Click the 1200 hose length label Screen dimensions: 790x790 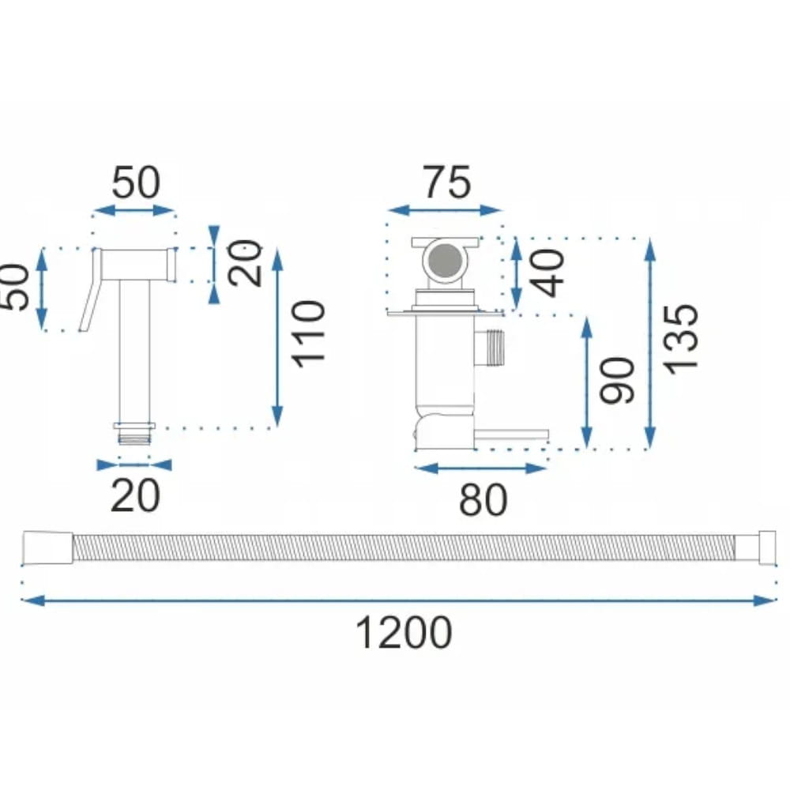pos(404,634)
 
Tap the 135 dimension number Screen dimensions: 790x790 pos(681,339)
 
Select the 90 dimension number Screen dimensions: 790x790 pos(618,381)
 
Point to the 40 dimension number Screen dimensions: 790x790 pos(547,273)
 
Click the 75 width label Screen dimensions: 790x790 pos(447,182)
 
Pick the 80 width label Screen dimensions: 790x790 pos(483,500)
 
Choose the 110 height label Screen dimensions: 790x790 pos(308,334)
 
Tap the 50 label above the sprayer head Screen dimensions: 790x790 pos(136,182)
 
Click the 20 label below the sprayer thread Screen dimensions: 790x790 pos(135,496)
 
